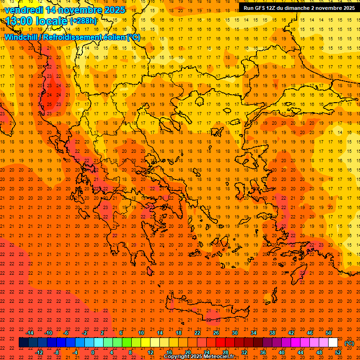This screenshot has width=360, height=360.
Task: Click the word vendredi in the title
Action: [x=24, y=10]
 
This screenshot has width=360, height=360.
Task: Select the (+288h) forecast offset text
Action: [x=83, y=21]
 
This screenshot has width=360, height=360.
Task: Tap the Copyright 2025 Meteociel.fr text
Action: [x=199, y=357]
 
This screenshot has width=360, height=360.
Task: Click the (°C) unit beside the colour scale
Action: [x=349, y=343]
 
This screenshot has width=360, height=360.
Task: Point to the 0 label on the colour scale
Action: [x=93, y=352]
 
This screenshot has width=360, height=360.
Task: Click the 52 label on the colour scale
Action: [x=338, y=352]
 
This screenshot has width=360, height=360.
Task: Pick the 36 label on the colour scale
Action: [x=263, y=352]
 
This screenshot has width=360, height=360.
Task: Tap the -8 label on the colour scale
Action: [x=57, y=352]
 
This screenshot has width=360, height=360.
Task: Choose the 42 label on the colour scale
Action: [x=291, y=333]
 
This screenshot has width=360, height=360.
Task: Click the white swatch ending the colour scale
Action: [x=333, y=343]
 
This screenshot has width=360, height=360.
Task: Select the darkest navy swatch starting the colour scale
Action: [x=23, y=343]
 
